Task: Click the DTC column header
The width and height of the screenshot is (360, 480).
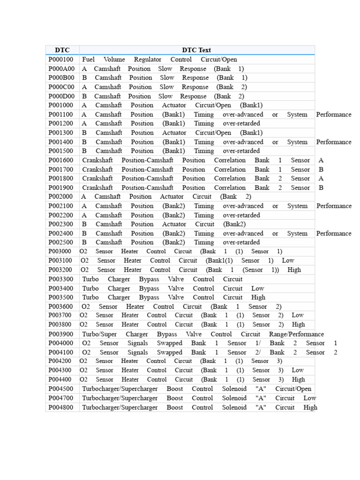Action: [x=62, y=50]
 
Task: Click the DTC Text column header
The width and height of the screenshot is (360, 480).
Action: [x=196, y=50]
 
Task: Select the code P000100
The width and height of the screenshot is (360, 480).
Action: [x=61, y=60]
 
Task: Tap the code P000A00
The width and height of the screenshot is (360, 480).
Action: [x=61, y=68]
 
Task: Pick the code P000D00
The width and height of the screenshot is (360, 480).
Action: [x=61, y=96]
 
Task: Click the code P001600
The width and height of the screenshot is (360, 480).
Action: [x=61, y=160]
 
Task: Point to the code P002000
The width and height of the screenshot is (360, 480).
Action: [x=61, y=197]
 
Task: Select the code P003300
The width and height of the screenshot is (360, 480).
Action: [x=61, y=279]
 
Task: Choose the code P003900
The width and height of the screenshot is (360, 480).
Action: [x=61, y=334]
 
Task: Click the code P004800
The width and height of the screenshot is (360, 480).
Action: [x=61, y=408]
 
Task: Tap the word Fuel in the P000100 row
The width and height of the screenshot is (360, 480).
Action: [x=88, y=60]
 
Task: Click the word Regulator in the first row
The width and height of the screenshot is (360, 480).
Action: [x=148, y=60]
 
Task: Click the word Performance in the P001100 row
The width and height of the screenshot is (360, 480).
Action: [x=334, y=114]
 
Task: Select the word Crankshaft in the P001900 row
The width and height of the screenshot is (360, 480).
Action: [x=97, y=187]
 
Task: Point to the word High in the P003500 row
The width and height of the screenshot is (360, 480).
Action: [x=258, y=298]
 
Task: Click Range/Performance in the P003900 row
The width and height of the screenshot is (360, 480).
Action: [x=296, y=334]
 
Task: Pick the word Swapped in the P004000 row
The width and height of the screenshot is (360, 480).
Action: [x=170, y=343]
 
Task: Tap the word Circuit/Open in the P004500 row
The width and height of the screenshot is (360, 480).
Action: [x=293, y=389]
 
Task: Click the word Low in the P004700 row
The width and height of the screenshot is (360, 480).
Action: [x=310, y=398]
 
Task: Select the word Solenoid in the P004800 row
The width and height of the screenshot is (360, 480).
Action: [x=234, y=408]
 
